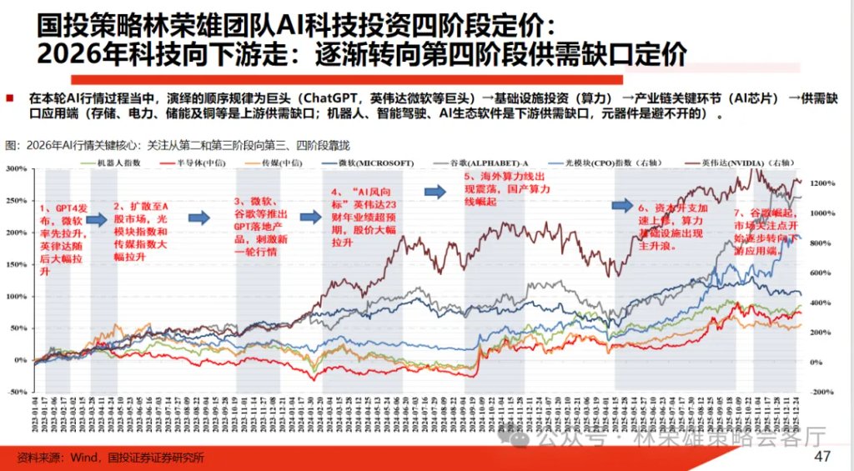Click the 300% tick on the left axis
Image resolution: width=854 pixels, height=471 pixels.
[15, 168]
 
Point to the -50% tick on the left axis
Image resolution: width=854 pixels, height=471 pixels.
[15, 392]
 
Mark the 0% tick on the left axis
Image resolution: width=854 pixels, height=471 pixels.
[18, 360]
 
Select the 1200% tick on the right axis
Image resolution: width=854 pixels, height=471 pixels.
[820, 183]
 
